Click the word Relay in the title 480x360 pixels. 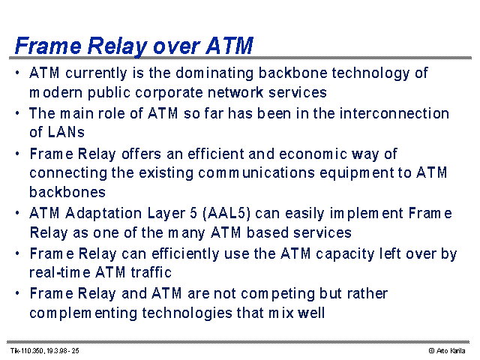click(x=117, y=46)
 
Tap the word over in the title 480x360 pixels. click(x=177, y=46)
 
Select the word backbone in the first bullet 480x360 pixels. click(x=293, y=73)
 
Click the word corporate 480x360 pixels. click(x=169, y=93)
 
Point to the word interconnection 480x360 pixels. click(x=394, y=113)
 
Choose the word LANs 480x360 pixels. click(x=66, y=132)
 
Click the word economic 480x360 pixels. click(x=313, y=154)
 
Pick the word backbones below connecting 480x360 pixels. click(x=67, y=192)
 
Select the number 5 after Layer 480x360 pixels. click(x=193, y=213)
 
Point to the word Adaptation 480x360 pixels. click(x=103, y=213)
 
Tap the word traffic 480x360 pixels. click(x=151, y=272)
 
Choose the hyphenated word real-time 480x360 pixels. click(x=60, y=272)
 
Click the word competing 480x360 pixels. click(x=277, y=294)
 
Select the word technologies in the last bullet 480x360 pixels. click(x=187, y=313)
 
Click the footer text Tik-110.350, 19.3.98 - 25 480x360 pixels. click(x=45, y=351)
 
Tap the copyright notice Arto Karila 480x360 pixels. click(x=447, y=351)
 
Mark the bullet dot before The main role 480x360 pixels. click(x=17, y=113)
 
